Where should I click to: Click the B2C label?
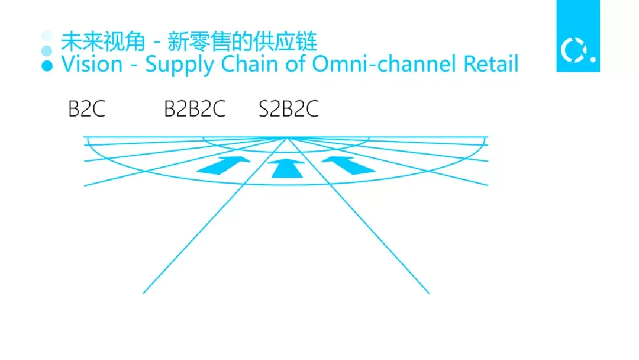[x=86, y=110]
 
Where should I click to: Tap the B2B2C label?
[x=195, y=110]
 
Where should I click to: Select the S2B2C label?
[x=289, y=110]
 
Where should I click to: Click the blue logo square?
[x=577, y=36]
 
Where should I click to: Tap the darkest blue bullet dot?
[x=47, y=65]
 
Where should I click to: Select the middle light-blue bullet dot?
[x=47, y=50]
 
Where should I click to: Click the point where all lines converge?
[x=287, y=138]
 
